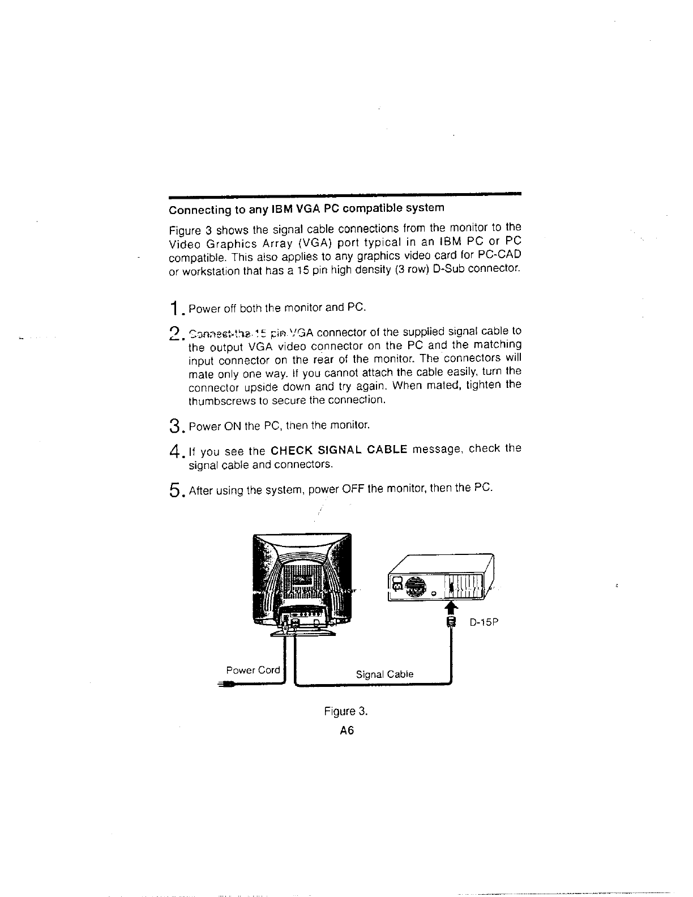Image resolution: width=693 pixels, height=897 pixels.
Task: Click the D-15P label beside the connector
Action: (484, 623)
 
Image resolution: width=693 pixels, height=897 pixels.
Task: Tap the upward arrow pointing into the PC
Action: (451, 608)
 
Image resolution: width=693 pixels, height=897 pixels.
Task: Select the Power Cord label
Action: (253, 670)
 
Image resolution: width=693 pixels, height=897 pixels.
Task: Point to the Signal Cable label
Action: (384, 674)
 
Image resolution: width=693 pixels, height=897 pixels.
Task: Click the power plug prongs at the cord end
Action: (223, 685)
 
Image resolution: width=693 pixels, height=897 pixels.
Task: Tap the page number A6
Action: (346, 731)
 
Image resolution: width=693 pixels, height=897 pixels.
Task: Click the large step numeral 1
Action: (177, 310)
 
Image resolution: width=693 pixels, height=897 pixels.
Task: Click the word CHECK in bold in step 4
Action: (292, 451)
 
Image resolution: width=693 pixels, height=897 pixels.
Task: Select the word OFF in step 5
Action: (351, 489)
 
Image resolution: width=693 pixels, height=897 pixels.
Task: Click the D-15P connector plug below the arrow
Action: (451, 622)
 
